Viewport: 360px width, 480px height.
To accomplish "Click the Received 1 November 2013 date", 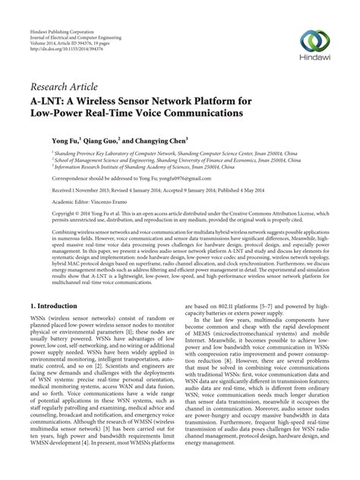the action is point(79,190).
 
